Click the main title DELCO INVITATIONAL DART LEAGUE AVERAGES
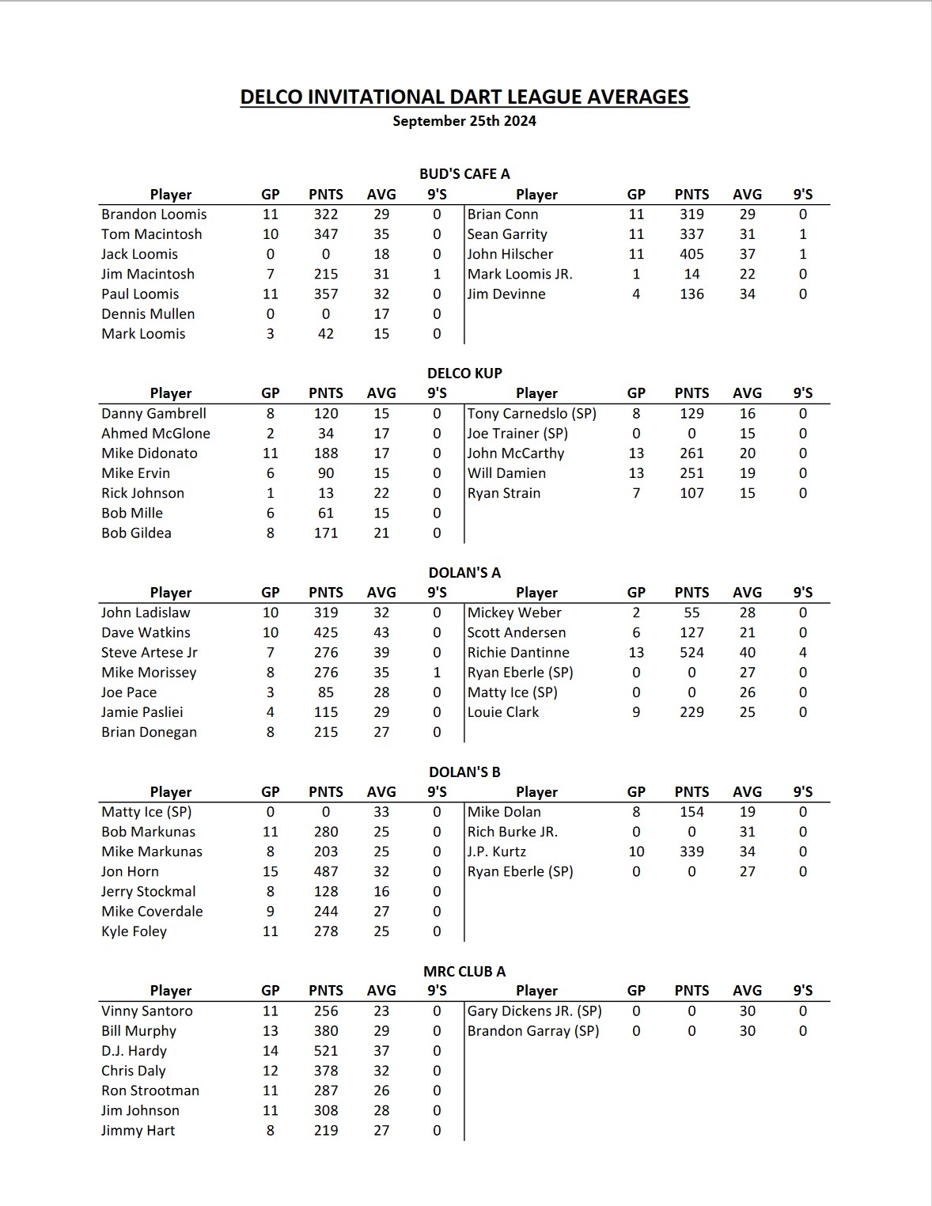pos(464,97)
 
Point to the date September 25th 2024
pos(464,121)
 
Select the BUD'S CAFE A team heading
pos(464,174)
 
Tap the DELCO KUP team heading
pos(464,374)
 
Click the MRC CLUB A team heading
pos(464,971)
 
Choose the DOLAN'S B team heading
pos(464,772)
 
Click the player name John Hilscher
pos(510,254)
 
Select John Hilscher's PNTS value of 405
pos(691,254)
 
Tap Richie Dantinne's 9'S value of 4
pos(803,653)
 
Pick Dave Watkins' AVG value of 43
pos(381,633)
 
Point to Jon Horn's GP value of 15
pos(271,871)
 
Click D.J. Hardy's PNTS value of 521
pos(326,1051)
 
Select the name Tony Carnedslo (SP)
pos(532,414)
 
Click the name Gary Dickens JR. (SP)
pos(534,1011)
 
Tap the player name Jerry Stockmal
pos(149,892)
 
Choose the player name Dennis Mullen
pos(148,314)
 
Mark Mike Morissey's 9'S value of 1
pos(437,673)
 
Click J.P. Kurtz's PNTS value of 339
pos(691,851)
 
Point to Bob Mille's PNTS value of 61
pos(326,513)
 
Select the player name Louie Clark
pos(503,712)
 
